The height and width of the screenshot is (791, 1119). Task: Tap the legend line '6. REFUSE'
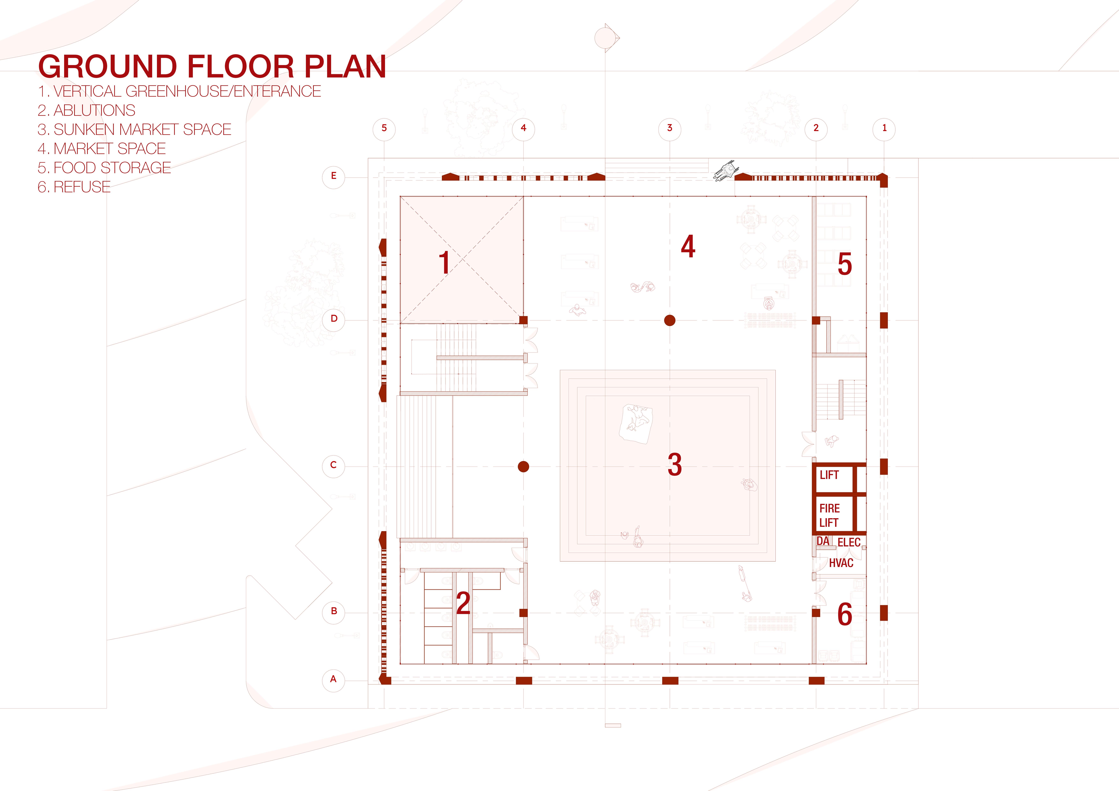[74, 187]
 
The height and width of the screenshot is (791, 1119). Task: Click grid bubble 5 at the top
[384, 128]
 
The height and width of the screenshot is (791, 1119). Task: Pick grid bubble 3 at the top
[670, 128]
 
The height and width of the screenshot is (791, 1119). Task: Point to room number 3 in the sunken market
[674, 464]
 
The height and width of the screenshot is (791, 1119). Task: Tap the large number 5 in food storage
[845, 265]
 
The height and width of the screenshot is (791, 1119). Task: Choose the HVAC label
[841, 563]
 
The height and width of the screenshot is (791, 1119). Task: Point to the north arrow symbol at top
[606, 37]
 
